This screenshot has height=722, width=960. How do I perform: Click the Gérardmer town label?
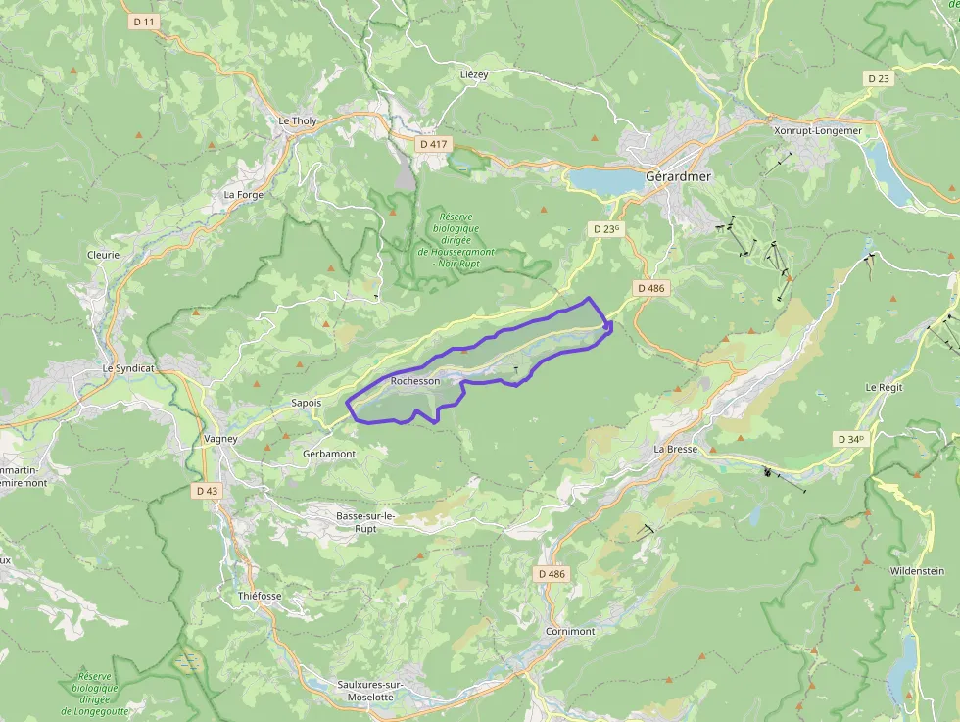pos(678,176)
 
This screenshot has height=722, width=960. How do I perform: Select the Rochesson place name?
pos(414,380)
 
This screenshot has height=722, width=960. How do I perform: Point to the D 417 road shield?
pos(432,144)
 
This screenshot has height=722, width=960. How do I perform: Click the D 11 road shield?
pos(143,22)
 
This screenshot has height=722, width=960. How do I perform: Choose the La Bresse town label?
pos(675,449)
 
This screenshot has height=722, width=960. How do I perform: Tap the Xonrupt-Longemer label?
pos(817,130)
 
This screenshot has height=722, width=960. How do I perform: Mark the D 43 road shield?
pos(206,490)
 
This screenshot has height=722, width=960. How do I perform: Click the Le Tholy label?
pos(298,121)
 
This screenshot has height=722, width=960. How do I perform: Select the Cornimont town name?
pos(570,631)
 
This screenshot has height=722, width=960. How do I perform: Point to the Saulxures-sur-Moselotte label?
pos(364,691)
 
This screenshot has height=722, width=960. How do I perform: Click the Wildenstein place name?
pos(917,570)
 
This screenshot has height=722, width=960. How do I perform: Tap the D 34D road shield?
pos(850,439)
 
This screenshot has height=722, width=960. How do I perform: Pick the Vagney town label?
pos(220,438)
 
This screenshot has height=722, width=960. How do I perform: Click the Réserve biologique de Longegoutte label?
pos(96,694)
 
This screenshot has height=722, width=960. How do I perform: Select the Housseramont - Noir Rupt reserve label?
pos(456,240)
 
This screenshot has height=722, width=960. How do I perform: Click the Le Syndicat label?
pos(128,368)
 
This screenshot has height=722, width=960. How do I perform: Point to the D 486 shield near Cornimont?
pos(552,573)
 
